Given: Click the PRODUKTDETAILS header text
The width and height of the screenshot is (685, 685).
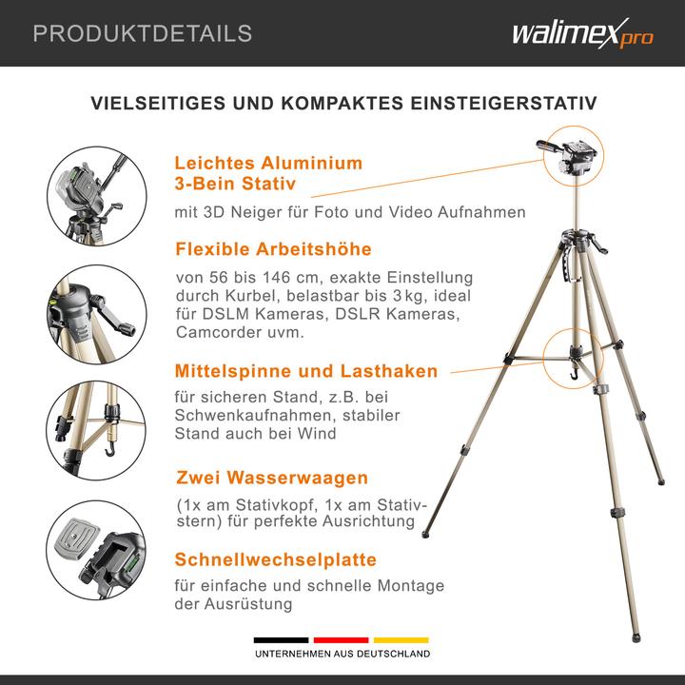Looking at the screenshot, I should point(143,34).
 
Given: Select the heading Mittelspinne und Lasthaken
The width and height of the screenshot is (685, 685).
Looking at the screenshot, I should point(305,371).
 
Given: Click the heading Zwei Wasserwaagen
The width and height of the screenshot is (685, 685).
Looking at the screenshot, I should point(271,478).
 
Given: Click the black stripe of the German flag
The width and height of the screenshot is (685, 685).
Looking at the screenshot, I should point(280,640).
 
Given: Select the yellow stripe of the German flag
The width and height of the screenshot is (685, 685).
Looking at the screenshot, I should point(401,640).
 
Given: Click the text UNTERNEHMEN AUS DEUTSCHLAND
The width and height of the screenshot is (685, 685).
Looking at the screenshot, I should point(341,655).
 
